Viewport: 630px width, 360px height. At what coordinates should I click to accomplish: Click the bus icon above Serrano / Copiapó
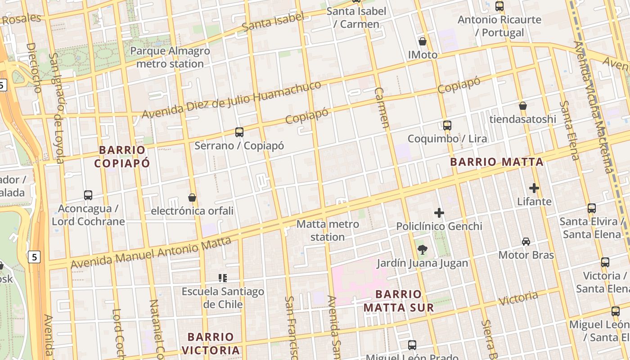239,132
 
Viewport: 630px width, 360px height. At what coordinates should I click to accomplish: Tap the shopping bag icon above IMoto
423,42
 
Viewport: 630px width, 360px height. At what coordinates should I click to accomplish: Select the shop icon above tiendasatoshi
523,106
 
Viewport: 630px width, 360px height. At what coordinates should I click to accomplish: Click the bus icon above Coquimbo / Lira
447,126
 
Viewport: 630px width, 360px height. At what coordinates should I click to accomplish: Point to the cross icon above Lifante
534,188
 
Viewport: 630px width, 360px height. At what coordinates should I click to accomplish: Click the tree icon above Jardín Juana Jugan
422,250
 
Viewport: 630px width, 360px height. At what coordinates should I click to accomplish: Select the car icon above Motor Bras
526,242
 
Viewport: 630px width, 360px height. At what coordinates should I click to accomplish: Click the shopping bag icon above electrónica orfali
192,198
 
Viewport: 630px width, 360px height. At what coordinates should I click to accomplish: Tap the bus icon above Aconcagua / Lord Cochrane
88,195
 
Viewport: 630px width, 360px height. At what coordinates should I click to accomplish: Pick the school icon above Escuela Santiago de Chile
222,278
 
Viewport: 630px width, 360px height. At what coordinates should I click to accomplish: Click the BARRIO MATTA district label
497,162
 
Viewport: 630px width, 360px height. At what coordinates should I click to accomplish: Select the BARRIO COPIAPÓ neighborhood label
122,156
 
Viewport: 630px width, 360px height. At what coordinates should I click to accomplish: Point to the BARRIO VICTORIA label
211,343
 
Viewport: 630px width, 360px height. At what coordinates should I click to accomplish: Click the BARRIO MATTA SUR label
399,301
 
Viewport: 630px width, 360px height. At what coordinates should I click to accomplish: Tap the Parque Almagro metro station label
170,57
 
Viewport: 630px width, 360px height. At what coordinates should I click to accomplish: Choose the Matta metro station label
328,230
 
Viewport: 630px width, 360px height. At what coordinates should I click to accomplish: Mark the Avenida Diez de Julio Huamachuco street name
232,100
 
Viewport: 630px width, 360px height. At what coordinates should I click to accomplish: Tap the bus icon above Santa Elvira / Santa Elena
592,208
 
